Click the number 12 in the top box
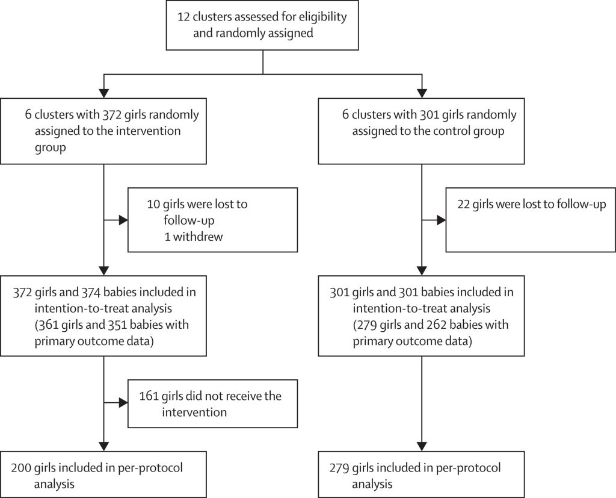point(183,17)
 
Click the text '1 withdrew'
point(193,237)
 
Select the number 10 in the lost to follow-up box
point(153,204)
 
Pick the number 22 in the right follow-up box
point(464,204)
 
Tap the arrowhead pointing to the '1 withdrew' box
point(123,220)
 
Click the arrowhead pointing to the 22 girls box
point(441,220)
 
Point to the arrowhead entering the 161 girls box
point(123,402)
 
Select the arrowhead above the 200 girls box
point(103,446)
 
